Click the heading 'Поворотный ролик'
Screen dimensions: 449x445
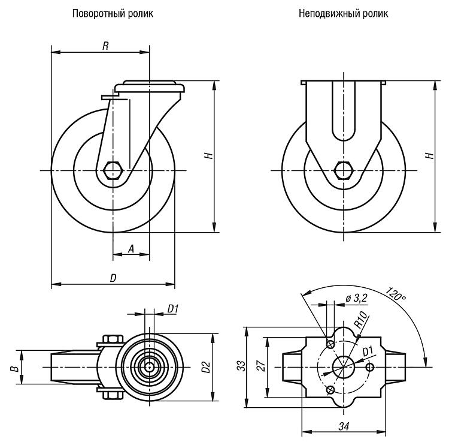(113, 14)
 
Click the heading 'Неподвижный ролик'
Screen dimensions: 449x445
(344, 13)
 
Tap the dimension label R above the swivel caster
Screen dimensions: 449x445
(105, 46)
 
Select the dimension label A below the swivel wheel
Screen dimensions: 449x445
(131, 249)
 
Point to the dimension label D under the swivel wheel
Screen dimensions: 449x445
(113, 278)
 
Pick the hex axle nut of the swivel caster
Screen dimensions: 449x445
(113, 170)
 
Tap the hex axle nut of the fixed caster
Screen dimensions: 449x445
(344, 170)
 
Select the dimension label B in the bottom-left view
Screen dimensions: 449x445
(16, 368)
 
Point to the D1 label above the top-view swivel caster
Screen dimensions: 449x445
(173, 309)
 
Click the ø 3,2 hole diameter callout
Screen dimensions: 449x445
(356, 299)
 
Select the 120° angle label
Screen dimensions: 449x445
(396, 293)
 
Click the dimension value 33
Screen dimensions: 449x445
(242, 366)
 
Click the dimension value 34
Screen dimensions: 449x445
(344, 426)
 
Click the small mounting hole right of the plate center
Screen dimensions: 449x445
(370, 367)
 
